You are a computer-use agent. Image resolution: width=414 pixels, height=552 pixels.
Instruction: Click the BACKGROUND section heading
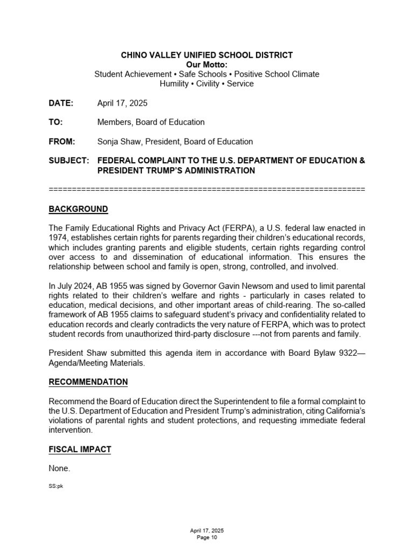pos(78,209)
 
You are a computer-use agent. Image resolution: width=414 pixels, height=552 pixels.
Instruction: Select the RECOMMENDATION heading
pos(88,382)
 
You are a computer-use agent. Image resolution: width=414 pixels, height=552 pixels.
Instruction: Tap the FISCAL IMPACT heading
pos(80,450)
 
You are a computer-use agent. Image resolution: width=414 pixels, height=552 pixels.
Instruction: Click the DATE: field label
pos(61,103)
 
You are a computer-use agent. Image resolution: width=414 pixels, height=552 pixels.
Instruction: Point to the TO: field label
pos(56,122)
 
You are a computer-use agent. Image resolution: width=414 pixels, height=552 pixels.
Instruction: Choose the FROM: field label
pos(62,142)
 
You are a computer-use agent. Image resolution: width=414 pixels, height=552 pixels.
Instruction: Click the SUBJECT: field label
pos(68,161)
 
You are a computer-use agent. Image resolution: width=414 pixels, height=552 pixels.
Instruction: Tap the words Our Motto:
pos(206,64)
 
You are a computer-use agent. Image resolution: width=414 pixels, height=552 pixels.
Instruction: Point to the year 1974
pos(57,238)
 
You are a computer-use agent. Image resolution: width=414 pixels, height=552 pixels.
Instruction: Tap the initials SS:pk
pos(56,486)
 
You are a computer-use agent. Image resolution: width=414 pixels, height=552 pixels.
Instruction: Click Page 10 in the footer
pos(206,537)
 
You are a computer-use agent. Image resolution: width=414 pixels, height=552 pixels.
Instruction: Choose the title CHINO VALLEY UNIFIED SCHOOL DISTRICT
pos(206,55)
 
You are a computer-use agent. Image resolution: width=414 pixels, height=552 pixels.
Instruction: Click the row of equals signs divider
pos(206,190)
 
